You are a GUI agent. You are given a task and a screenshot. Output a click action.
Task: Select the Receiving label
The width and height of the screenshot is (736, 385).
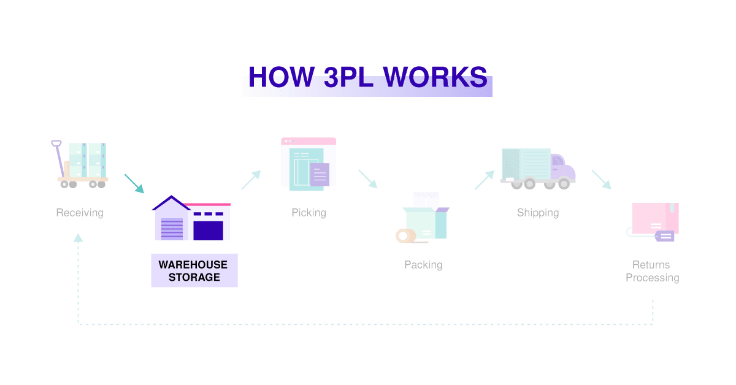[x=80, y=213]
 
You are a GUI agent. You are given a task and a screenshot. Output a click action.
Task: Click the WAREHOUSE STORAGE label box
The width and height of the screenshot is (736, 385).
[x=194, y=271]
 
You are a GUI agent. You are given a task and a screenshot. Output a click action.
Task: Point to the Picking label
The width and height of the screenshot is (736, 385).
[x=309, y=213]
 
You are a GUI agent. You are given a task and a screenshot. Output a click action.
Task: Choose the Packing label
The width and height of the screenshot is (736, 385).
[x=423, y=265]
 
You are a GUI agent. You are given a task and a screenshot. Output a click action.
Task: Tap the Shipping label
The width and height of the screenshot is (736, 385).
[x=538, y=213]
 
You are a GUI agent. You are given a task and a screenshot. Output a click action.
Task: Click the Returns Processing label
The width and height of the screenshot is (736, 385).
[x=652, y=271]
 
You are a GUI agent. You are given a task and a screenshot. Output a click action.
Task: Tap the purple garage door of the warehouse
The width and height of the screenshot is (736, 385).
[x=208, y=229]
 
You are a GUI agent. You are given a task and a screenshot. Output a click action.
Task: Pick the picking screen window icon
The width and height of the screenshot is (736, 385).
[x=308, y=161]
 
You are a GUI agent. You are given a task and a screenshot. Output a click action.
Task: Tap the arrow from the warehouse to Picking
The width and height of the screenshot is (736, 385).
[x=251, y=180]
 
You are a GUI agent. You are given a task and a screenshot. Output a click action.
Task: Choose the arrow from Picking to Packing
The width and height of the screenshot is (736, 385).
[x=367, y=179]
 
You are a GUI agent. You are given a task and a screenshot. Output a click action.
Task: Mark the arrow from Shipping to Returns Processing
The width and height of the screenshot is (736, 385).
[x=601, y=180]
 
